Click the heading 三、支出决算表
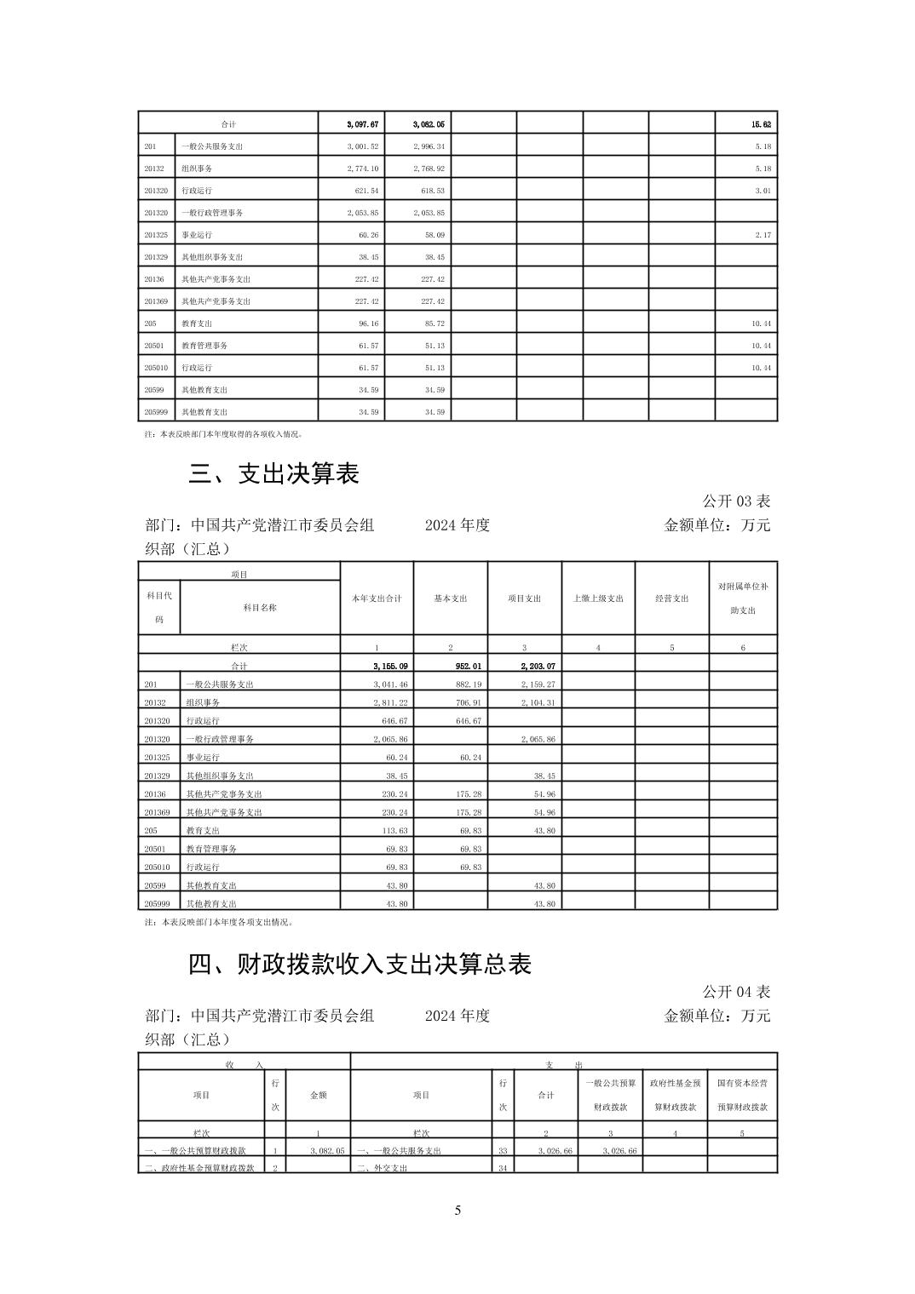pos(273,473)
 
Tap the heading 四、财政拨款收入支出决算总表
pos(360,964)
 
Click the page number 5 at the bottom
pos(457,1210)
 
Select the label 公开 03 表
pos(736,501)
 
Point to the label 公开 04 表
pos(736,991)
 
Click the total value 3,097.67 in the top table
pos(362,124)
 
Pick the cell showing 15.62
pos(761,124)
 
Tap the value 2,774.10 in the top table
pos(362,169)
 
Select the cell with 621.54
pos(366,191)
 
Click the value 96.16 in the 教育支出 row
pos(368,323)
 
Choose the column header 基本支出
pos(451,598)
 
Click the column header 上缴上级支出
pos(598,598)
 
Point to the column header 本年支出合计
pos(377,598)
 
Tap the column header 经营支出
pos(671,598)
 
